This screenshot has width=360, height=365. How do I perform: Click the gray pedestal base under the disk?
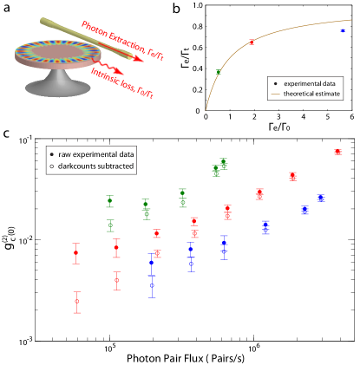57,87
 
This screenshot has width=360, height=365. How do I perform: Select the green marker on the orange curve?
219,72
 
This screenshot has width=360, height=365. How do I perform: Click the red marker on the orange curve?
252,42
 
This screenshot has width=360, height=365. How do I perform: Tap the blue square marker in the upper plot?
343,30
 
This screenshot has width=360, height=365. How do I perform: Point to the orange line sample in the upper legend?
276,94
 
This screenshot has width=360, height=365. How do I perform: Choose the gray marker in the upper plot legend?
276,84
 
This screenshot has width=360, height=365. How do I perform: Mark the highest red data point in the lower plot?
337,152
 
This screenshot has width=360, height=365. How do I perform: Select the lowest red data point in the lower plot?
77,302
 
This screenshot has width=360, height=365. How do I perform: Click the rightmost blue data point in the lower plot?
321,199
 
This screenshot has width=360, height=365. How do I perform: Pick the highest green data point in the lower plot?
223,162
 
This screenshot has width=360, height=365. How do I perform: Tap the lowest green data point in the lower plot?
110,225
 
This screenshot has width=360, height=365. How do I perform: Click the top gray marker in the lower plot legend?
51,154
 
